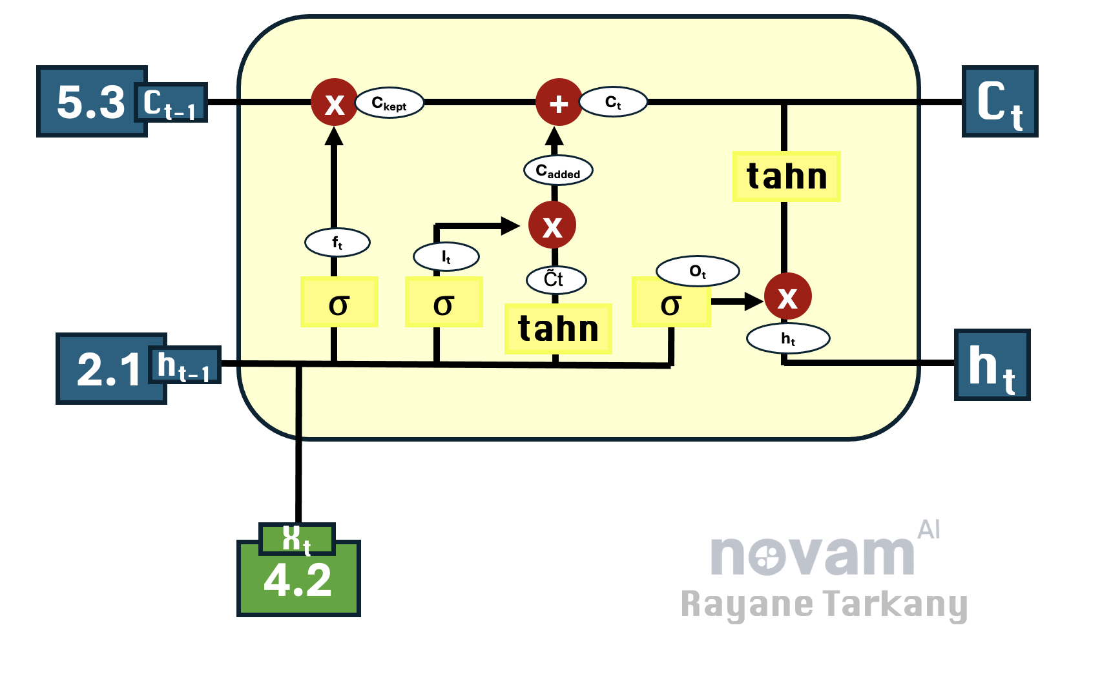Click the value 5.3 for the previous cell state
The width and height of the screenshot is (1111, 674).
pyautogui.click(x=90, y=102)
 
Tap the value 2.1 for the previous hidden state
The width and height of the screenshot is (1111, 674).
pyautogui.click(x=109, y=369)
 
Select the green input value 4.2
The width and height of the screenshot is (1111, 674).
pyautogui.click(x=298, y=580)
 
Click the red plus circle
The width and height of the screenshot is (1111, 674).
pyautogui.click(x=559, y=103)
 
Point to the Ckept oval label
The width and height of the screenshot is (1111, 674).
pyautogui.click(x=389, y=103)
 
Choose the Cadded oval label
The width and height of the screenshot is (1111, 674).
pyautogui.click(x=558, y=171)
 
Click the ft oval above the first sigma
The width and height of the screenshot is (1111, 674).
pyautogui.click(x=337, y=243)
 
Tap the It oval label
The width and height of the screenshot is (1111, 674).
pyautogui.click(x=446, y=257)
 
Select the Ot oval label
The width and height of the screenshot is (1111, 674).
pyautogui.click(x=698, y=271)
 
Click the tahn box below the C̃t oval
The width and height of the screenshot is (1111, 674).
pyautogui.click(x=558, y=329)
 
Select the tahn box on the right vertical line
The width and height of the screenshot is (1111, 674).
pyautogui.click(x=786, y=177)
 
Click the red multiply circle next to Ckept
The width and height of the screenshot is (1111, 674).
pyautogui.click(x=334, y=103)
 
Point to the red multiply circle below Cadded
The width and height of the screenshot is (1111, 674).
pyautogui.click(x=552, y=225)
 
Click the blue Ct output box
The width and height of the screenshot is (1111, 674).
pyautogui.click(x=999, y=102)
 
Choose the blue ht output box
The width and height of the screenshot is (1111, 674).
pyautogui.click(x=992, y=365)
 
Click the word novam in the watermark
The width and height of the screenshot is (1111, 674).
pyautogui.click(x=813, y=555)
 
